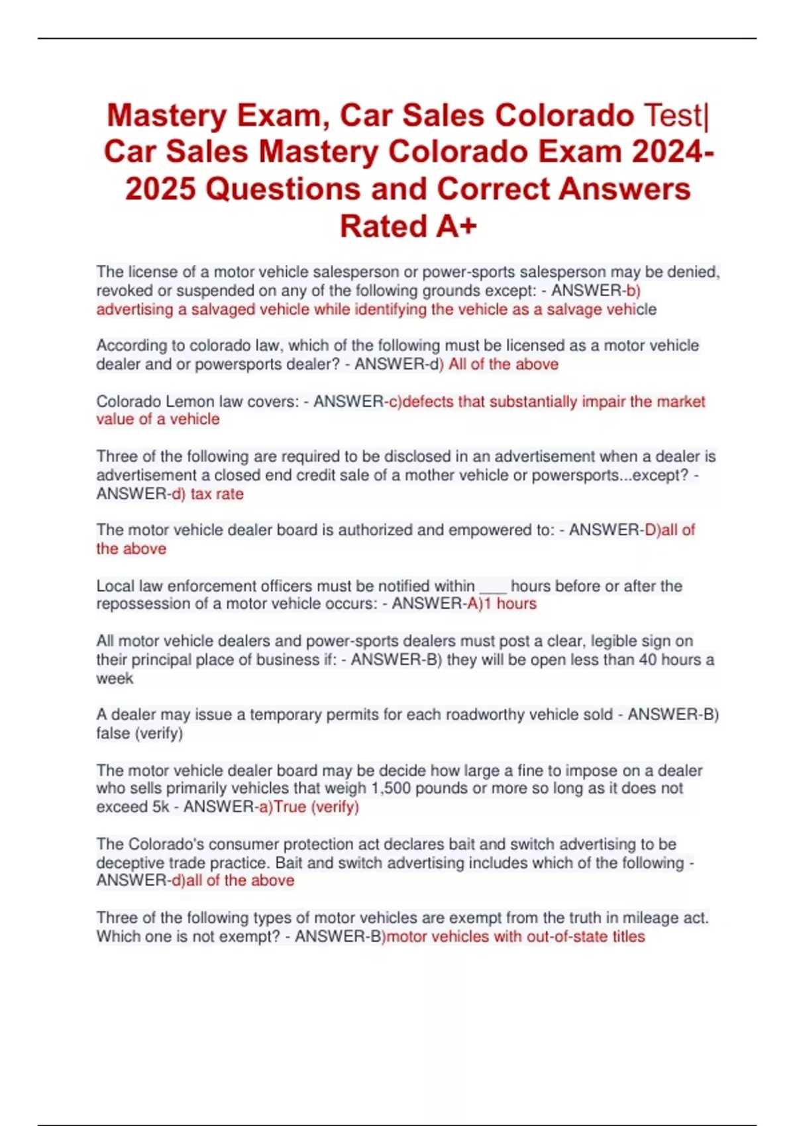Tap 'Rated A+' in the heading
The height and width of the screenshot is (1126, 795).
[x=408, y=227]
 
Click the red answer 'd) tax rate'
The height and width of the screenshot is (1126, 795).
[x=208, y=494]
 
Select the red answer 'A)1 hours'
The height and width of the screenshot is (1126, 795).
[x=502, y=604]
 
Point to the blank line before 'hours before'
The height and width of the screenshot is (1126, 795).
[x=492, y=587]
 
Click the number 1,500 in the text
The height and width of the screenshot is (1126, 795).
[x=393, y=789]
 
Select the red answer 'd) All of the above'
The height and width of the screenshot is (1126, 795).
[x=498, y=364]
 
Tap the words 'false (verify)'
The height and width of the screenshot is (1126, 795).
[x=139, y=734]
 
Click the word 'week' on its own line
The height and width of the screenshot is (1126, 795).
[x=115, y=679]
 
